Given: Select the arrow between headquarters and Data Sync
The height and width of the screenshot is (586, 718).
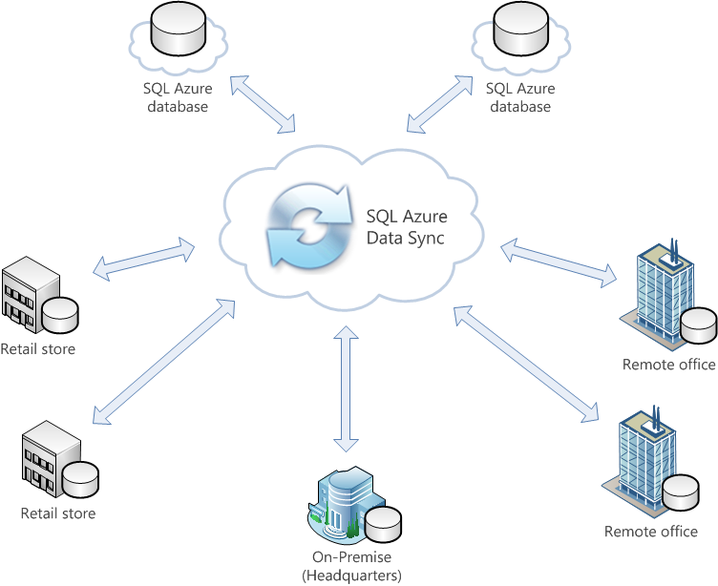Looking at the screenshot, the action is click(x=346, y=388).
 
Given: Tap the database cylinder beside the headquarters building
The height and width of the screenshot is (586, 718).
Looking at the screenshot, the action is click(x=383, y=523).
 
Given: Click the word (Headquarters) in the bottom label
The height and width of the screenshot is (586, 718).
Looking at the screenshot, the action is click(x=351, y=575).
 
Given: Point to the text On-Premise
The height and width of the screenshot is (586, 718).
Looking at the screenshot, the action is click(x=351, y=557).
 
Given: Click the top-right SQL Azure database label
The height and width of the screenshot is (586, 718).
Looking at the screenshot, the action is click(x=520, y=97).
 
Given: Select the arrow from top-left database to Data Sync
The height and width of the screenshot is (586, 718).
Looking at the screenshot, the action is click(x=263, y=104).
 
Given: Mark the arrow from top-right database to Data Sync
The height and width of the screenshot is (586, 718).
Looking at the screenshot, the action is click(x=439, y=104).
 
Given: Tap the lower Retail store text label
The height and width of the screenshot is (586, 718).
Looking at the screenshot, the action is click(x=58, y=513).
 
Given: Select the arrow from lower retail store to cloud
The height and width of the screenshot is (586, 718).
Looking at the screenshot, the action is click(x=163, y=362).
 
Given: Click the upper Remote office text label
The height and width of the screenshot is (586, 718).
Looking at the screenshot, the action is click(x=668, y=365).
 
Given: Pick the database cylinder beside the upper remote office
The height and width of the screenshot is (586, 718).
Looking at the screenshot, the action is click(x=699, y=325).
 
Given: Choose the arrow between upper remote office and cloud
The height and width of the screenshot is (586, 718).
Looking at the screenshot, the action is click(x=559, y=262).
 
